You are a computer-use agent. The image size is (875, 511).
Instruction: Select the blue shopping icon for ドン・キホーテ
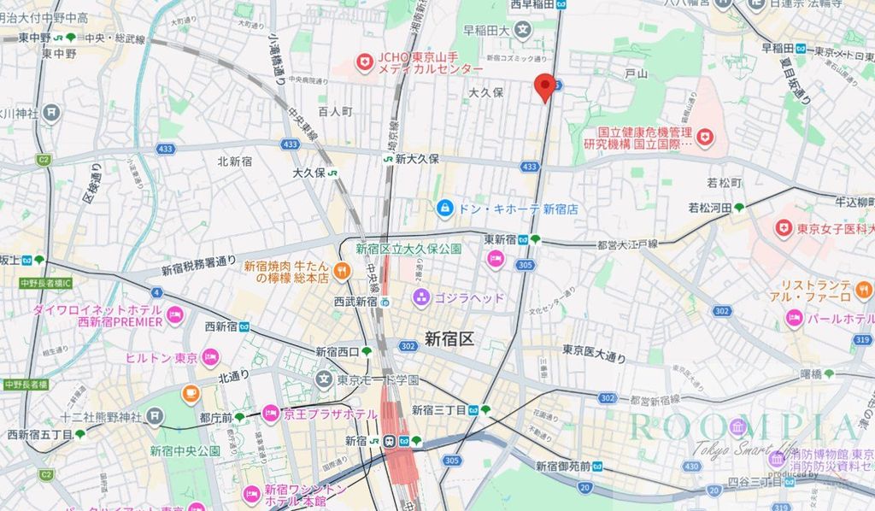(x=445, y=208)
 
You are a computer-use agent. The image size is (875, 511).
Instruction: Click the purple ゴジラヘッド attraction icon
(x=420, y=297)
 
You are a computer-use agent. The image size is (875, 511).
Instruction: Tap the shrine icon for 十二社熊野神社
(x=154, y=416)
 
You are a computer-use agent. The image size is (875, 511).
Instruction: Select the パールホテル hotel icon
(x=794, y=318)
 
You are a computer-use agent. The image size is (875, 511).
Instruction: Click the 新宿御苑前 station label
(x=563, y=466)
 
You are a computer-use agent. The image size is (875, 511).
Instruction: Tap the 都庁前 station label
(x=215, y=417)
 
